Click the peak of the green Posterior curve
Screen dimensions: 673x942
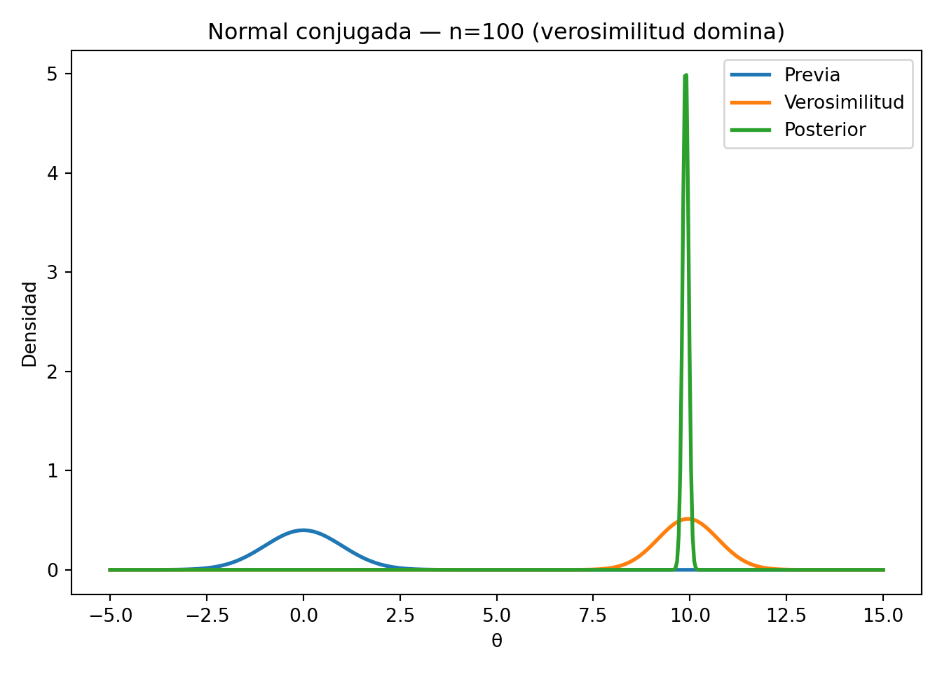coord(685,76)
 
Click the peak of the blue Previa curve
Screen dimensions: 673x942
coord(303,530)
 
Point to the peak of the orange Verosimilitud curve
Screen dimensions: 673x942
coord(688,519)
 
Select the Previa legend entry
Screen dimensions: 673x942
coord(812,75)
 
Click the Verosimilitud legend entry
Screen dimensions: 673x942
coord(844,102)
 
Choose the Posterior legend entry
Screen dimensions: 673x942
coord(825,130)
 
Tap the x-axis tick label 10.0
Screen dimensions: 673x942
coord(690,616)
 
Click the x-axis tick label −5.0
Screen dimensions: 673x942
coord(109,616)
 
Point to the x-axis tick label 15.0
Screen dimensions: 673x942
coord(883,616)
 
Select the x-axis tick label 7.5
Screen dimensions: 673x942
coord(593,616)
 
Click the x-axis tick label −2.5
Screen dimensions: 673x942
coord(206,616)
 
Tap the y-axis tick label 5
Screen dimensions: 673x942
coord(53,74)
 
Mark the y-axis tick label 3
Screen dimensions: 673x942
coord(53,272)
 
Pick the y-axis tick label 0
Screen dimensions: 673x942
coord(53,570)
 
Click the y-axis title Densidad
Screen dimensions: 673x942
coord(29,324)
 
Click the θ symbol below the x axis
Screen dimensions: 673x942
coord(496,641)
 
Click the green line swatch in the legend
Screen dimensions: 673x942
coord(751,130)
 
